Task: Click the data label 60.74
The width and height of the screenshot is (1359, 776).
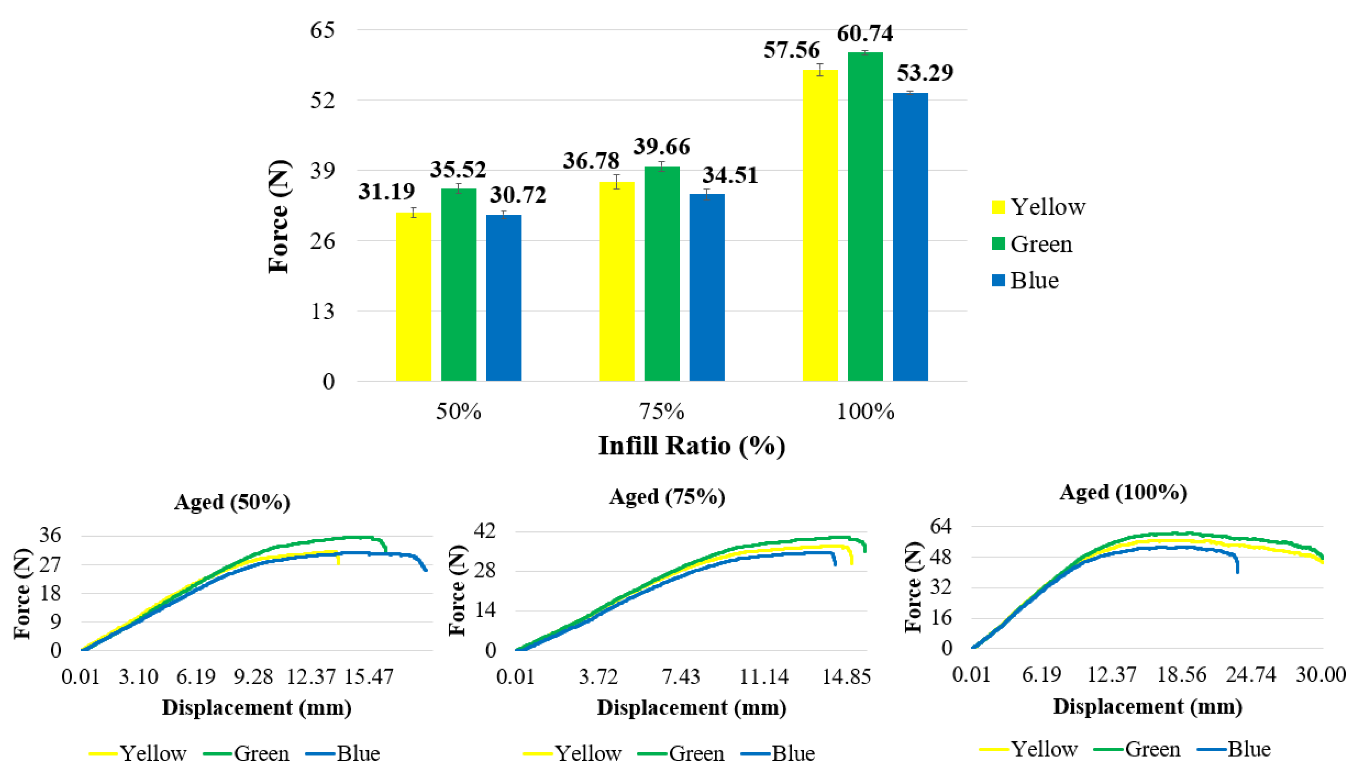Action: click(864, 34)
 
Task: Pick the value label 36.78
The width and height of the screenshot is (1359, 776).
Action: click(591, 161)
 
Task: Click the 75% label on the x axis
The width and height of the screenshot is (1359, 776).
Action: click(662, 412)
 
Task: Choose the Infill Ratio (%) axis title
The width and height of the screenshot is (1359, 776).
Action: click(691, 445)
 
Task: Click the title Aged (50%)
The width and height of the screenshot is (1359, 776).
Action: click(232, 502)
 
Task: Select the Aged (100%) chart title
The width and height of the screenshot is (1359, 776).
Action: click(1123, 492)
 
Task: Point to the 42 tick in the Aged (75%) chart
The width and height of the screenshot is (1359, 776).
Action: click(484, 531)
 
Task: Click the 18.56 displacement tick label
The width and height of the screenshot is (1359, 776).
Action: click(1181, 675)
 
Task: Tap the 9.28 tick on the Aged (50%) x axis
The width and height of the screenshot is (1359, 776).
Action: click(253, 677)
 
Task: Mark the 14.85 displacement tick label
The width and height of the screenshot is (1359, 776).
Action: click(846, 677)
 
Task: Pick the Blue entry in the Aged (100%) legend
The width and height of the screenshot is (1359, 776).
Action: click(1249, 749)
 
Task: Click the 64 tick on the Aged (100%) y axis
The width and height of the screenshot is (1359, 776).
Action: click(940, 527)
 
